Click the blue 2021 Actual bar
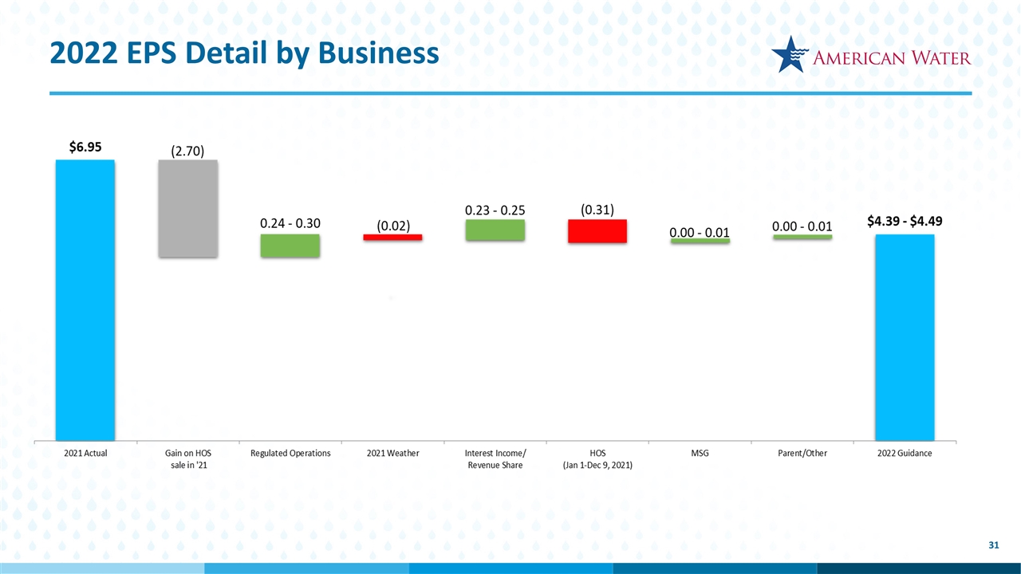(85, 299)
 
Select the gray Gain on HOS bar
(187, 208)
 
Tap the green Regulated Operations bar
(290, 246)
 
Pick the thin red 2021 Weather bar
(392, 237)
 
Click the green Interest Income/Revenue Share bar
(495, 230)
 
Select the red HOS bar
(597, 230)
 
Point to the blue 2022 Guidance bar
(905, 336)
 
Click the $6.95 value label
(85, 147)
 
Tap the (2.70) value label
(188, 150)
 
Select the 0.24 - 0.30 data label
(290, 223)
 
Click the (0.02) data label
(393, 226)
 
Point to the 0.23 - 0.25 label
(495, 210)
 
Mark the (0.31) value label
(597, 209)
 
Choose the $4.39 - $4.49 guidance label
(905, 222)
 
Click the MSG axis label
(700, 453)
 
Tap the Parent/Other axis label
(802, 453)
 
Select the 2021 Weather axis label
(392, 453)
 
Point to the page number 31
(993, 545)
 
